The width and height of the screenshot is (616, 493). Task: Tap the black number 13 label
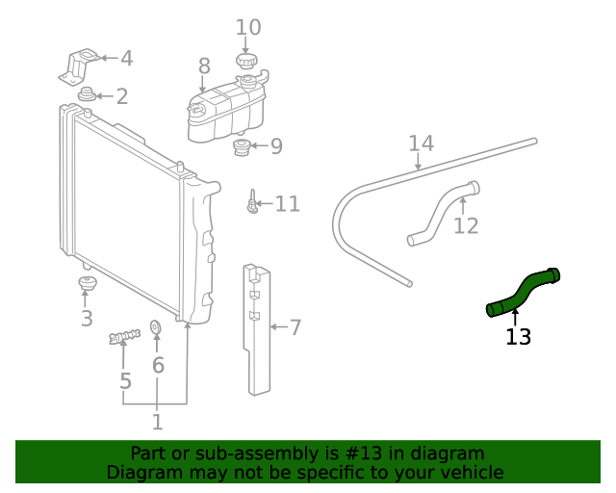(518, 337)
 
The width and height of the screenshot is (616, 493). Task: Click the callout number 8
(204, 66)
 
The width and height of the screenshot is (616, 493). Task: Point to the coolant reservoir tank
(227, 112)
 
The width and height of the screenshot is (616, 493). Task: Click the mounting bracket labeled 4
(78, 64)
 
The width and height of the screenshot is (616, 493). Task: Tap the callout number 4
(126, 59)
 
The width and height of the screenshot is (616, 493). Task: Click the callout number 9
(276, 146)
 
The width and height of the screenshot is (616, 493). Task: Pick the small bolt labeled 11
(252, 203)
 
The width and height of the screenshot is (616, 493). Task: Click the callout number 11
(288, 204)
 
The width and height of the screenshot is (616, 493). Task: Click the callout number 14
(421, 144)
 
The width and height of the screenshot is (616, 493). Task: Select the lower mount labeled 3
(87, 285)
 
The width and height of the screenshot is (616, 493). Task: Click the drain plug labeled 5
(124, 336)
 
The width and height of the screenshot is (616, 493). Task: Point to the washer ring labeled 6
(158, 331)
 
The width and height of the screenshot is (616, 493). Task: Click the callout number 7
(295, 328)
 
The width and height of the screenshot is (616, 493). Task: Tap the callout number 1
(157, 422)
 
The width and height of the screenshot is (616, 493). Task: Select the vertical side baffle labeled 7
(257, 327)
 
